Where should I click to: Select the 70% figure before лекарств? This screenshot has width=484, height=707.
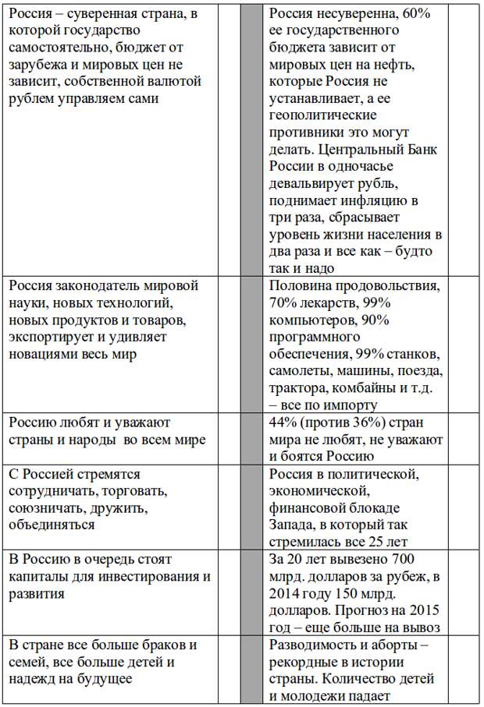[x=284, y=302]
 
